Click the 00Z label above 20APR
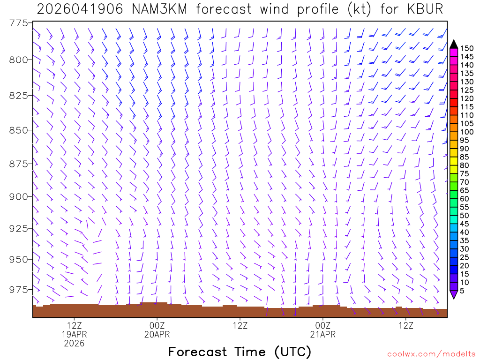tap(157, 325)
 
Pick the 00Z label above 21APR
tap(323, 325)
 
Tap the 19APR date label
tap(75, 334)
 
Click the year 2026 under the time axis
tap(75, 344)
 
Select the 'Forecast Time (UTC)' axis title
tap(240, 352)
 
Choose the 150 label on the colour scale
tap(467, 48)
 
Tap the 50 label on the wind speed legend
tap(465, 216)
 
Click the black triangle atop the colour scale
tap(454, 44)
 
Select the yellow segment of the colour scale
tap(454, 161)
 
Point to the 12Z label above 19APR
tap(75, 325)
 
